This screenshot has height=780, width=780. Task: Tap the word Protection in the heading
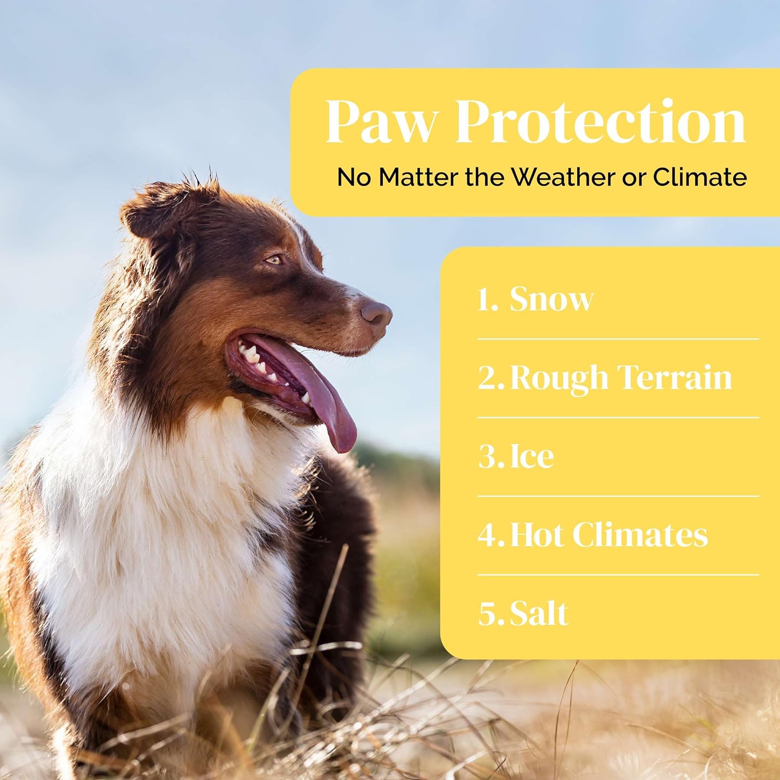coord(601,121)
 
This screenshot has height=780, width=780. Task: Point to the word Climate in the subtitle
coord(700,177)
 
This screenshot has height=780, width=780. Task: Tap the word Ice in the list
coord(531,456)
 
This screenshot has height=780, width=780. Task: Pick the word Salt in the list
coord(539,613)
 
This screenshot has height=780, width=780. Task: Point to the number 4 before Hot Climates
coord(488,535)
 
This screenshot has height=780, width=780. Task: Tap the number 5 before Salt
coord(488,614)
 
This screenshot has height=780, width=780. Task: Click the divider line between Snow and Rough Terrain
coord(618,339)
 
